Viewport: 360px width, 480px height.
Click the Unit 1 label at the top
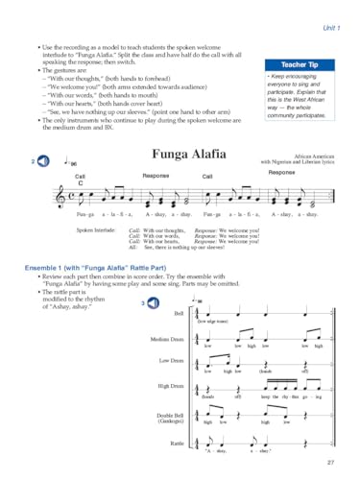tap(331, 9)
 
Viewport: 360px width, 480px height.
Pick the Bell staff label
tap(178, 314)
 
